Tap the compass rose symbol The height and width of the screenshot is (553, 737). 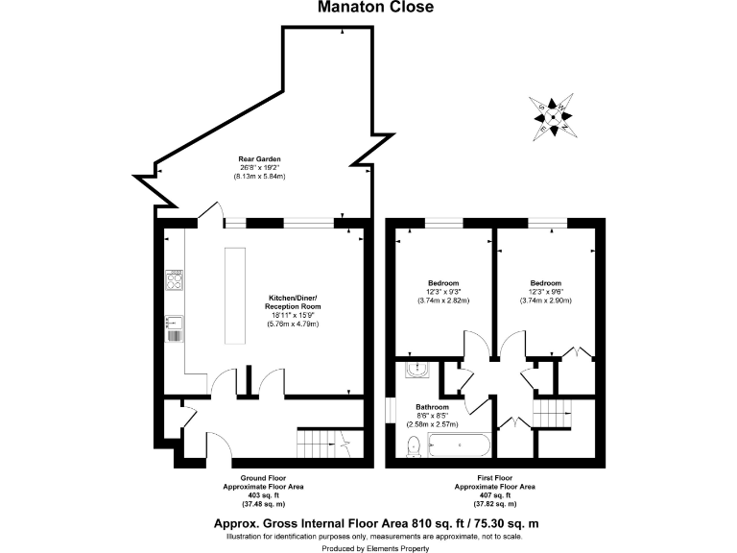tap(555, 113)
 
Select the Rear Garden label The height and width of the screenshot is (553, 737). tap(259, 159)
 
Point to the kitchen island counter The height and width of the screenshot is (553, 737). tap(235, 295)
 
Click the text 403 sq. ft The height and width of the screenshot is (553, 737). tap(265, 494)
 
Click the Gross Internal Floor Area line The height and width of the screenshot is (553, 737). tap(375, 522)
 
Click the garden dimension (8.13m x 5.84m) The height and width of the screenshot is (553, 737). tap(259, 177)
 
